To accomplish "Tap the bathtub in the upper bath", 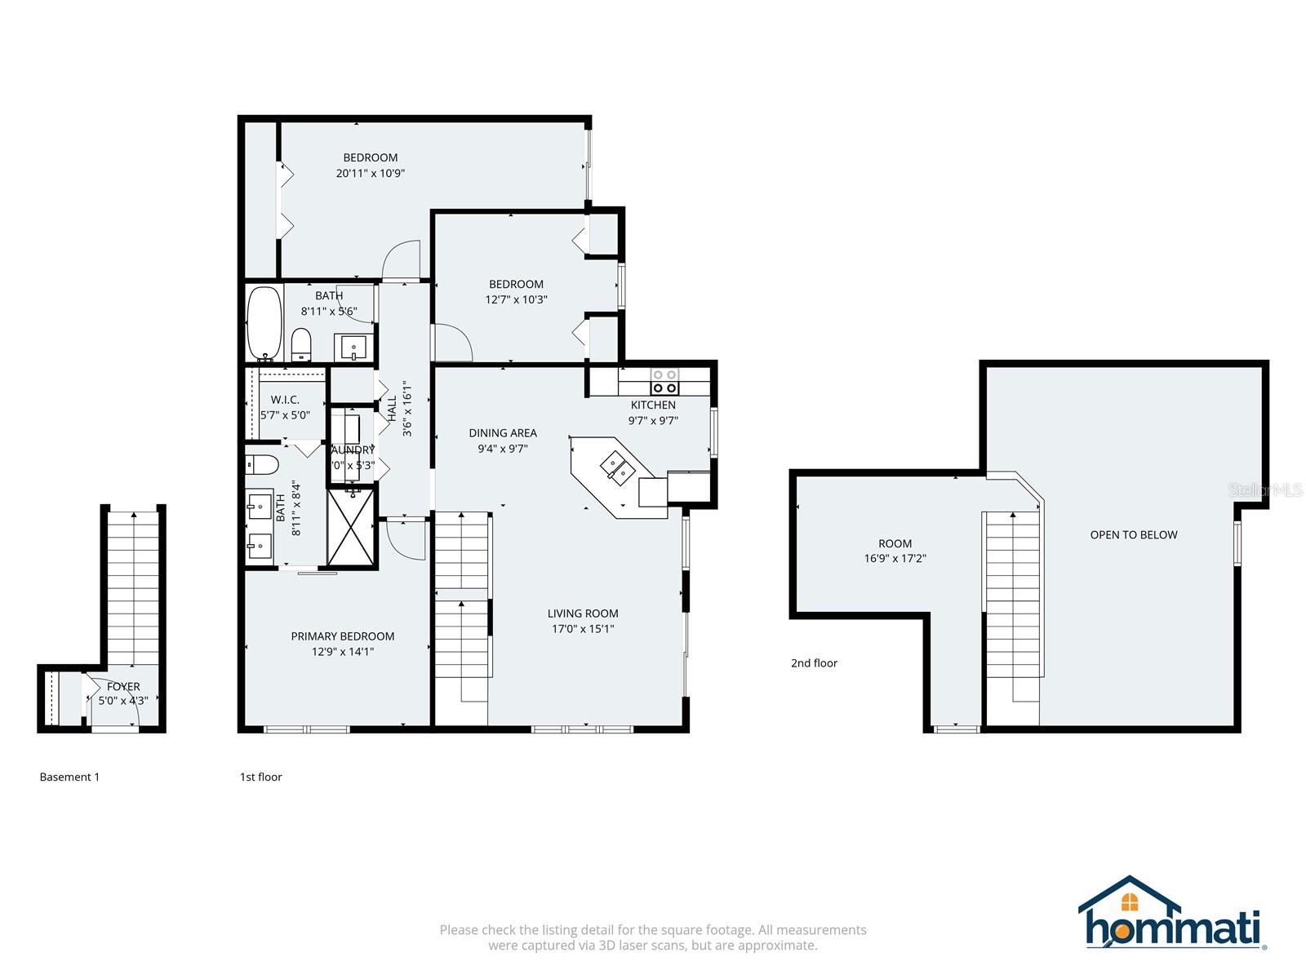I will click(x=264, y=322).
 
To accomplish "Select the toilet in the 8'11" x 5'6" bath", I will click(x=301, y=343).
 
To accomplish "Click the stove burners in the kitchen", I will click(x=664, y=381).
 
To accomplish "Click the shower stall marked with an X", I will click(x=352, y=525).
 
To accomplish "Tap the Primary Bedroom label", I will click(x=343, y=636).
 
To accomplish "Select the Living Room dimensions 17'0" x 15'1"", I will click(x=583, y=629).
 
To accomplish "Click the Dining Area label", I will click(x=503, y=433).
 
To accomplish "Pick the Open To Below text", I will click(x=1133, y=535).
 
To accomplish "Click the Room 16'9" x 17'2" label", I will click(x=895, y=551).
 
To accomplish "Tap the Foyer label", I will click(x=123, y=687).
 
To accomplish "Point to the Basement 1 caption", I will click(x=69, y=777).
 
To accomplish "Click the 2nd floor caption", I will click(x=814, y=663).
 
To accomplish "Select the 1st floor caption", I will click(x=260, y=777).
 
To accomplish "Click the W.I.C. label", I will click(x=285, y=400).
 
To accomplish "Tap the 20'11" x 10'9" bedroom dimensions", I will click(x=370, y=173).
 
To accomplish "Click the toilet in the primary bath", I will click(x=263, y=464).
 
